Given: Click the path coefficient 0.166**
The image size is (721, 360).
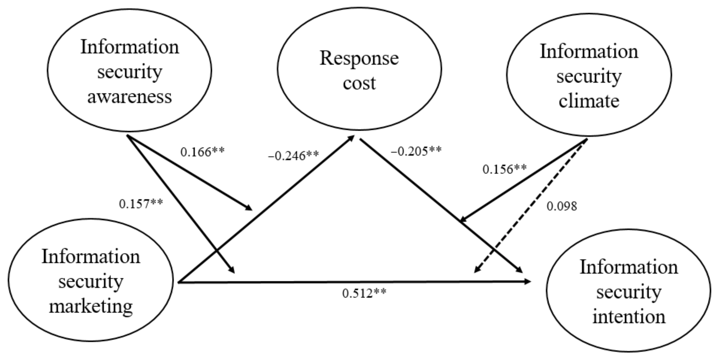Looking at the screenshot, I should pyautogui.click(x=202, y=152).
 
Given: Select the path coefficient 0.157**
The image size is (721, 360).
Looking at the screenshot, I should pyautogui.click(x=141, y=204).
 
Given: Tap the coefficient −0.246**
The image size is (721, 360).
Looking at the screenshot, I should pyautogui.click(x=293, y=156).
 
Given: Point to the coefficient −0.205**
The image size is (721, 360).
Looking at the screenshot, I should pyautogui.click(x=416, y=151).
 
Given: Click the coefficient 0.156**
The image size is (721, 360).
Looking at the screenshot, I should pyautogui.click(x=504, y=169).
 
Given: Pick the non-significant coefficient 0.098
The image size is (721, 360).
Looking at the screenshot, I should pyautogui.click(x=562, y=206).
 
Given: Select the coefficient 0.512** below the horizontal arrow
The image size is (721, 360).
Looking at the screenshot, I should pyautogui.click(x=364, y=293).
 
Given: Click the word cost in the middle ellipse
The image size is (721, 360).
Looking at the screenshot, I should pyautogui.click(x=359, y=83).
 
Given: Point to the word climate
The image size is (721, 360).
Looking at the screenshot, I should pyautogui.click(x=589, y=101).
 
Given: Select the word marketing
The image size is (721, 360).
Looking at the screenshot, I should pyautogui.click(x=91, y=307).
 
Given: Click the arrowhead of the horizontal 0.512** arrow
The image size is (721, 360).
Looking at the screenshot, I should pyautogui.click(x=528, y=281).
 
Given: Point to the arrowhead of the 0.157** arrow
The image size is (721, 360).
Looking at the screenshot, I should pyautogui.click(x=232, y=270).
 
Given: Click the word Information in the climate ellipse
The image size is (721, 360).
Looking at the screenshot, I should pyautogui.click(x=589, y=51).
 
